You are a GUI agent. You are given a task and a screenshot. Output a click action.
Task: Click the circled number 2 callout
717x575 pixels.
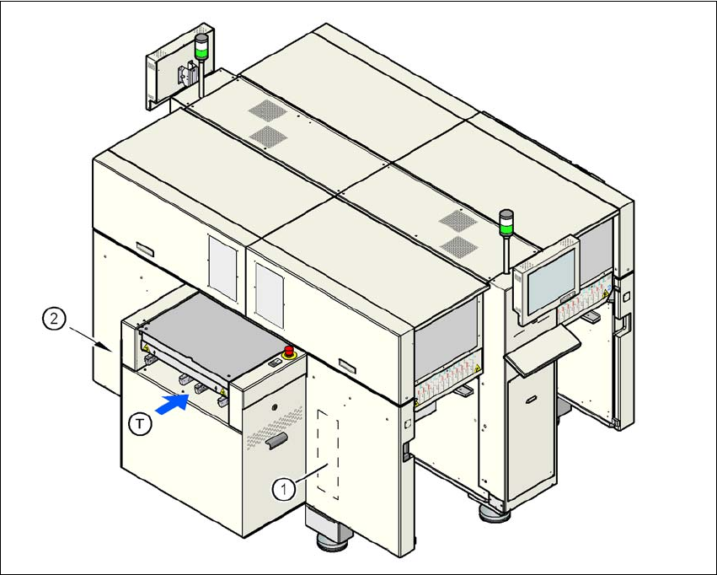pyautogui.click(x=53, y=320)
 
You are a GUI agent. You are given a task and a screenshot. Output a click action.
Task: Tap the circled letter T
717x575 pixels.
pyautogui.click(x=143, y=422)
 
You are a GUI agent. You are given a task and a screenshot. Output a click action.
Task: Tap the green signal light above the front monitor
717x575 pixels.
pyautogui.click(x=506, y=225)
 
